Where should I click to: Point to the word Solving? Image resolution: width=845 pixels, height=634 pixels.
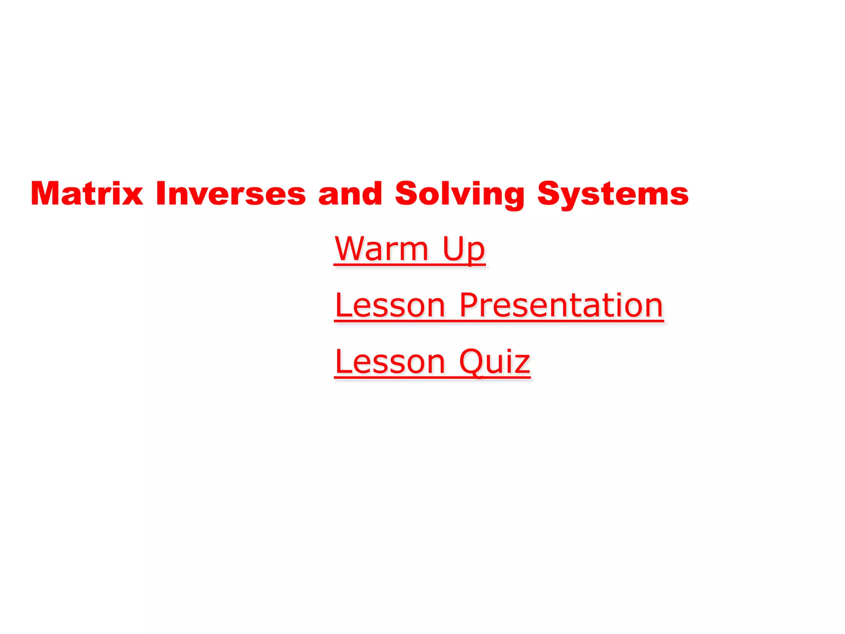click(460, 194)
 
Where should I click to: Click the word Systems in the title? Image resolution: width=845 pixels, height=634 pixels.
click(613, 194)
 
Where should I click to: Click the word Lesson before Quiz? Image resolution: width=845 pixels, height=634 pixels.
click(390, 362)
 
